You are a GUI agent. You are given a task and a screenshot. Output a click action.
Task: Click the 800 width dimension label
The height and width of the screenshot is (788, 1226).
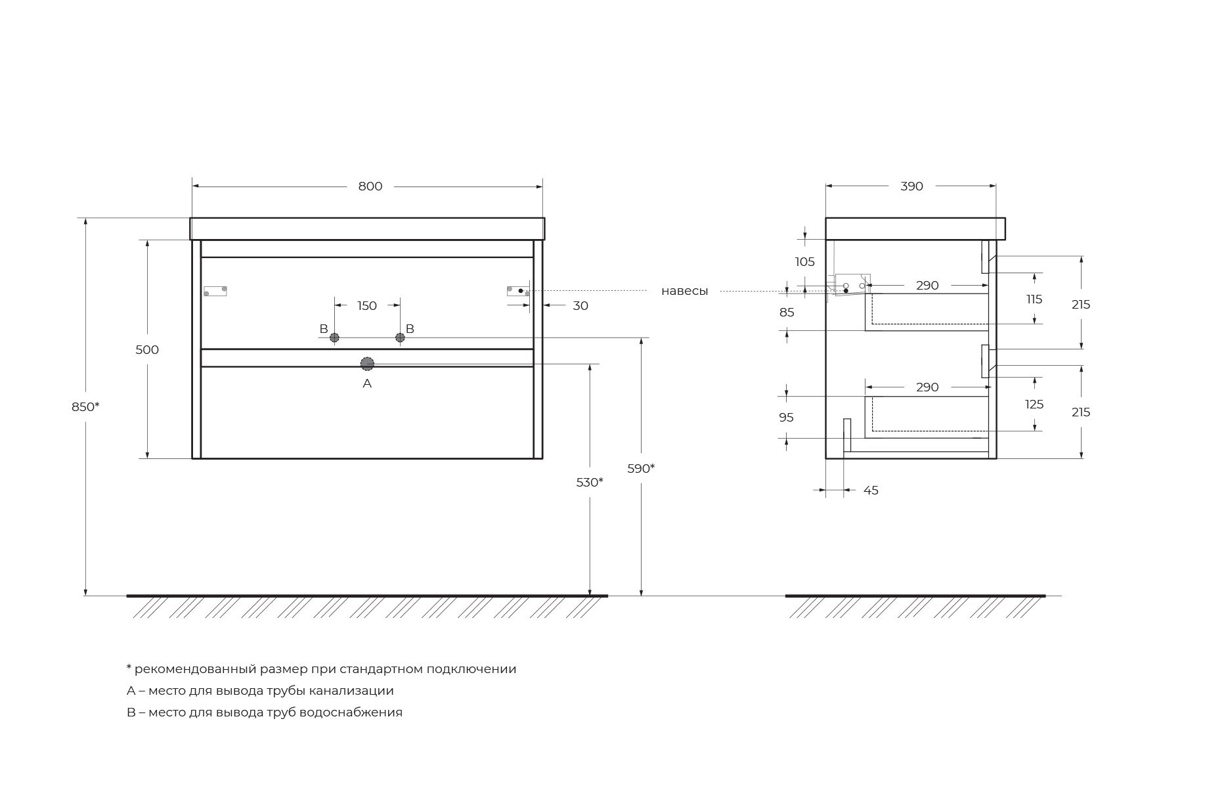(x=370, y=186)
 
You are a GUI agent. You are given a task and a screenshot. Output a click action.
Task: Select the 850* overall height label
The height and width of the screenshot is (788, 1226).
(x=85, y=407)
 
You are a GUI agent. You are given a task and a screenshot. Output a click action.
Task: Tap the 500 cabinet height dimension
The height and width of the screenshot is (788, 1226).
(x=147, y=350)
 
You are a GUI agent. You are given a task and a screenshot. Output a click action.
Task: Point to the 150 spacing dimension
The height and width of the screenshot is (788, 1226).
(x=367, y=306)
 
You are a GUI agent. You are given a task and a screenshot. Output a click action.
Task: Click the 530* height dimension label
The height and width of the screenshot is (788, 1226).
(x=590, y=483)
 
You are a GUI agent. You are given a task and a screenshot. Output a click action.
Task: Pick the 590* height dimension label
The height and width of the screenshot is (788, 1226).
(x=641, y=469)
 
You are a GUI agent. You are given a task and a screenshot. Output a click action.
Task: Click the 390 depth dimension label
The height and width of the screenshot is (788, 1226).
(x=911, y=186)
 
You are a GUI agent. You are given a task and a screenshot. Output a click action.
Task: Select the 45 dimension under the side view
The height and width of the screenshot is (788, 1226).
(x=871, y=491)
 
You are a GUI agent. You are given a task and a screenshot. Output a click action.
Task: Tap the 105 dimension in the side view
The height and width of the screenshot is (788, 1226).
(x=804, y=262)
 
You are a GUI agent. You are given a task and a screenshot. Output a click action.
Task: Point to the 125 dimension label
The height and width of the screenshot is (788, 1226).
(x=1034, y=405)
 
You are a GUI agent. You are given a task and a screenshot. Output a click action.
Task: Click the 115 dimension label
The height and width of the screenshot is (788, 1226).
(x=1034, y=299)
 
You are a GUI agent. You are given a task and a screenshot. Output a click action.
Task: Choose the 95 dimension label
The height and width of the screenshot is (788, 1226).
(x=786, y=418)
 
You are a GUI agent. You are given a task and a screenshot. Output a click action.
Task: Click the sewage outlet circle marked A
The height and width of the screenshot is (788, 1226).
(x=367, y=364)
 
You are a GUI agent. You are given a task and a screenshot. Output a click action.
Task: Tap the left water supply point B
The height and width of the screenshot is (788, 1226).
(x=334, y=338)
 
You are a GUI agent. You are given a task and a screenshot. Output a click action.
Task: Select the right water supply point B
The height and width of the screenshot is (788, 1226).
(x=400, y=338)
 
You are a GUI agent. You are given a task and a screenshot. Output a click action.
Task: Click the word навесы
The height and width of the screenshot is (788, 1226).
(x=684, y=291)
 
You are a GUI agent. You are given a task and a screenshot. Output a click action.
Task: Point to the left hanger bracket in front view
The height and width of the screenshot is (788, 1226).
(x=215, y=291)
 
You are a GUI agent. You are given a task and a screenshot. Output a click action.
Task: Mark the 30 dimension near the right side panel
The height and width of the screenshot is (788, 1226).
(x=580, y=306)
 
